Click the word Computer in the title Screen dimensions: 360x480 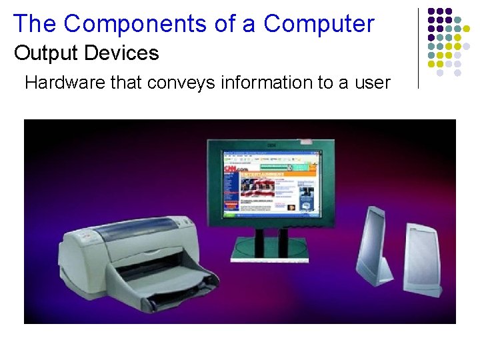[x=319, y=24]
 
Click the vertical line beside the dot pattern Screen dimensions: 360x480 [x=418, y=48]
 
